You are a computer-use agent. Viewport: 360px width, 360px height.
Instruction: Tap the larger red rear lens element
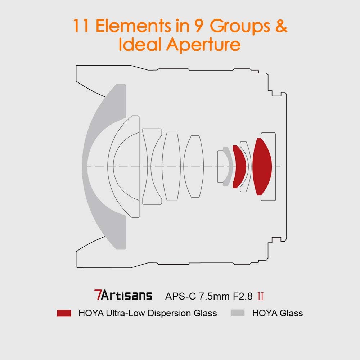pos(262,166)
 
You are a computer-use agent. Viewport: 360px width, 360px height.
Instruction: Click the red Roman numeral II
pos(262,296)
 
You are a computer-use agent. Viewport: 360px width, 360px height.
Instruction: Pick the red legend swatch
pos(64,313)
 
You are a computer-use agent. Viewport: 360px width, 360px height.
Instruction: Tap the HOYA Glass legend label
pos(278,313)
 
